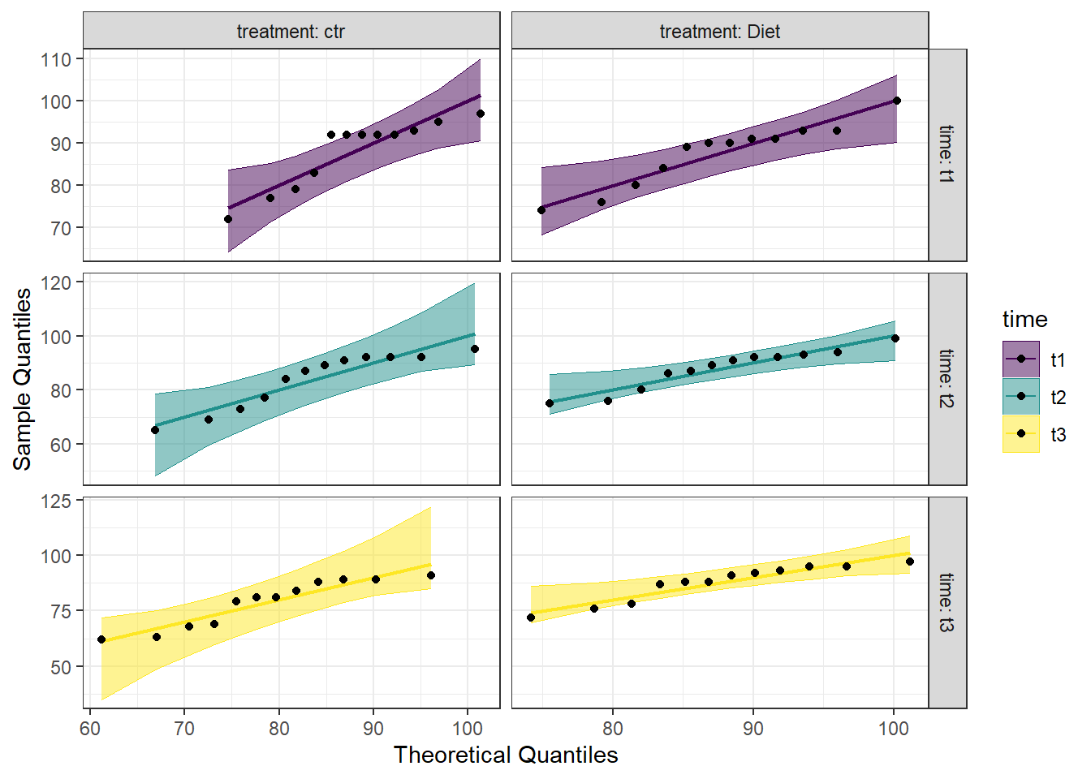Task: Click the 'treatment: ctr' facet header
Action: [x=291, y=32]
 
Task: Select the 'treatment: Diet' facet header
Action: [x=719, y=32]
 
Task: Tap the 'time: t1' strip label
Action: [x=947, y=154]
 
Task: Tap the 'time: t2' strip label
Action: [x=947, y=378]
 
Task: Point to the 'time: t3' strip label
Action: [x=947, y=602]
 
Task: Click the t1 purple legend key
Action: [x=1020, y=359]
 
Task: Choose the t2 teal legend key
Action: [x=1020, y=397]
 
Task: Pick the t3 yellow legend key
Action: [x=1020, y=434]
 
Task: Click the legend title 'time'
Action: [x=1024, y=319]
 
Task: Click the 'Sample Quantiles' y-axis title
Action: [x=23, y=378]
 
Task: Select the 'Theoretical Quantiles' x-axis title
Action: [x=506, y=755]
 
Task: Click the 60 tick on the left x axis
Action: [x=90, y=728]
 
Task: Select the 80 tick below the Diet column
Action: [x=612, y=728]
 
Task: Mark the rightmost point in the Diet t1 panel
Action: [x=897, y=101]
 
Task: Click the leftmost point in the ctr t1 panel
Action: [x=228, y=219]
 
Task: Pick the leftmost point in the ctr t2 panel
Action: [x=155, y=430]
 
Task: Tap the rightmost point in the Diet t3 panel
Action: [x=910, y=562]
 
